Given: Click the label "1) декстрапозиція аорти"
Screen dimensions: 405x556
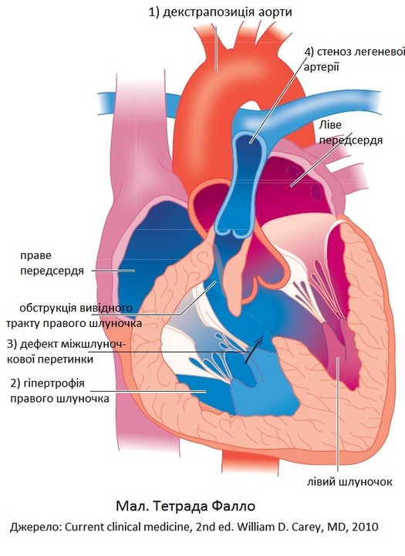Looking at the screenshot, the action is tap(220, 12).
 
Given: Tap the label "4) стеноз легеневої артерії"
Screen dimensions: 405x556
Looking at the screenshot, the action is tap(354, 59).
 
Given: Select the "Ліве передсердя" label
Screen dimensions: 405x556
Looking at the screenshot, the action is tap(351, 133).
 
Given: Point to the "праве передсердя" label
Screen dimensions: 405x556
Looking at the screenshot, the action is tap(52, 263).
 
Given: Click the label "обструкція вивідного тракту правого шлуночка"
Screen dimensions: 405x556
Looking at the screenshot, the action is tap(74, 315).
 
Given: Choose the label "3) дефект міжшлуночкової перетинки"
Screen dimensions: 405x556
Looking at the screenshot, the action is tap(66, 352).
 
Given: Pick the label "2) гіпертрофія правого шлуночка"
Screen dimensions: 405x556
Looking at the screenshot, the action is tap(59, 391).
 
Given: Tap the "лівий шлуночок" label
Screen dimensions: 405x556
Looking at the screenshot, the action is tap(349, 482).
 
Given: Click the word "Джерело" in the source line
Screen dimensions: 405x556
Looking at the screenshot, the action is tap(35, 527).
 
